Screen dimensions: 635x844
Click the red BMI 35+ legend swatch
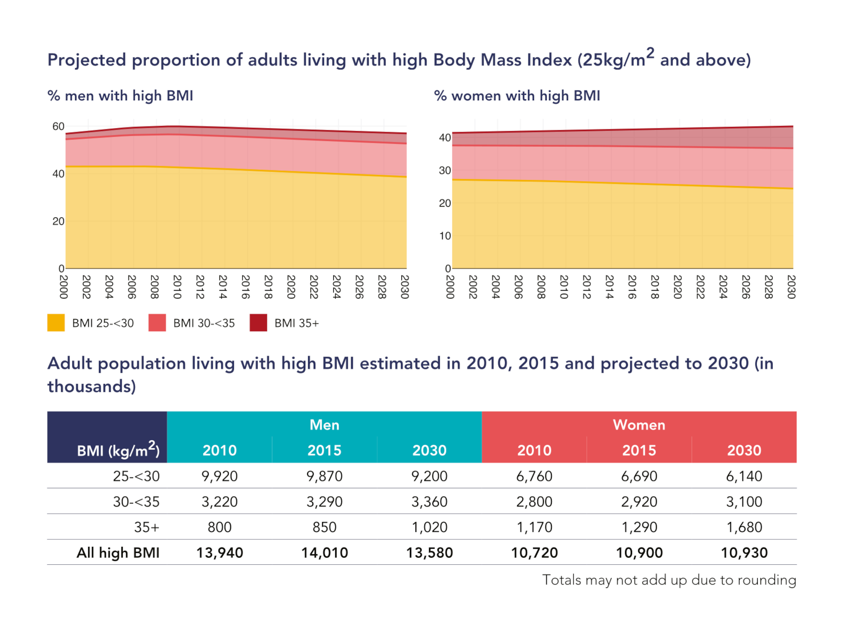pos(258,323)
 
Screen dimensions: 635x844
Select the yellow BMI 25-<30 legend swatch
pos(56,323)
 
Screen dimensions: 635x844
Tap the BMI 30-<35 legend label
pos(204,323)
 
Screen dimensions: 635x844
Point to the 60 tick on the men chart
pos(58,127)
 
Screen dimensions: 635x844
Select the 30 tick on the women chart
pos(445,171)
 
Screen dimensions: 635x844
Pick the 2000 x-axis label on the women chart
pos(450,287)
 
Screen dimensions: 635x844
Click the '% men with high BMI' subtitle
pos(121,96)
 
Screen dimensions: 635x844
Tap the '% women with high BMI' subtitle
pos(517,96)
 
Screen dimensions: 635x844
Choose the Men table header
pos(324,425)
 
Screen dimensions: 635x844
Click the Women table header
pos(639,425)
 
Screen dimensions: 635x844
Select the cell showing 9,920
pos(219,476)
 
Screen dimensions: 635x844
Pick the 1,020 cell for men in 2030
pos(430,527)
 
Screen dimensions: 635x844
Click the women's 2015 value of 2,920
pos(639,502)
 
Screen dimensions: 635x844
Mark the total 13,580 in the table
pos(430,553)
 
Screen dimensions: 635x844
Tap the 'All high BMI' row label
pos(118,553)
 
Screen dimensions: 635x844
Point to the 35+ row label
pos(147,527)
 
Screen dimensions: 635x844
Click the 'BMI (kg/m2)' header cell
pos(118,450)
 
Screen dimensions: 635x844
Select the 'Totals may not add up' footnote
pos(669,580)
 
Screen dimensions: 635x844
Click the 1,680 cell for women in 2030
pos(744,527)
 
